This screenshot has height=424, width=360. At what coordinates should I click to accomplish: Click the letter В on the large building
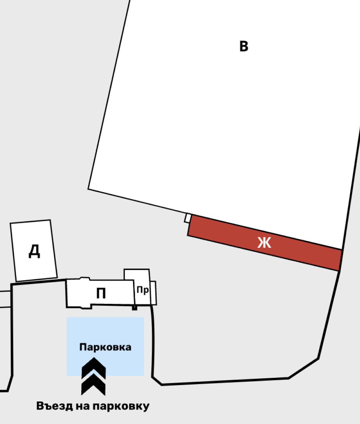pos(244,46)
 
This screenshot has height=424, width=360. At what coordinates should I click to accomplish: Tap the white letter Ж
pos(264,242)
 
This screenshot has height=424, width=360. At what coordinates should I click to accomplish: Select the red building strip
pos(265,242)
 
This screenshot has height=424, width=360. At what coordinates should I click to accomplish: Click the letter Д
pos(34,251)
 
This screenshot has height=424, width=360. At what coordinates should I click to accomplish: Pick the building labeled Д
pos(34,251)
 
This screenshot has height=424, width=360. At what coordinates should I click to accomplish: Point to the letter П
pos(101,293)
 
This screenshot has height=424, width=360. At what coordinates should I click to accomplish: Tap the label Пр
pos(143,290)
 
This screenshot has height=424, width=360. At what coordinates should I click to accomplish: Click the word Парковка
pos(105,347)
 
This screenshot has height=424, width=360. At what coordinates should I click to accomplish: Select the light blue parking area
pos(105,346)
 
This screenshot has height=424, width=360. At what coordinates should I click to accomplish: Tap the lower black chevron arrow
pos(93,384)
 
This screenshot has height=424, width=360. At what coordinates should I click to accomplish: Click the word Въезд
pos(55,406)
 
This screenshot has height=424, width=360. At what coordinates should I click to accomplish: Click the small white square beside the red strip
pos(188,218)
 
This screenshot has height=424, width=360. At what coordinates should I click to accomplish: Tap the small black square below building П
pos(134,308)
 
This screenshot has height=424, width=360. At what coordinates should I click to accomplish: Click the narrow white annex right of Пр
pos(153,293)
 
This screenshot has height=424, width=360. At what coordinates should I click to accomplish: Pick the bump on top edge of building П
pos(85,279)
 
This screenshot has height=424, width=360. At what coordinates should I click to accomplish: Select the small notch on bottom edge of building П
pos(86,307)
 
